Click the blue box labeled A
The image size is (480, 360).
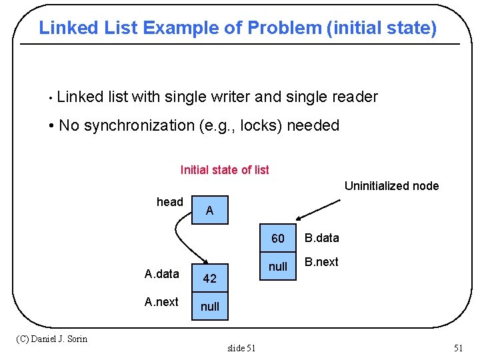point(209,210)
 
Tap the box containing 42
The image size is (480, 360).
point(209,279)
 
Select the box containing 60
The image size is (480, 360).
point(277,239)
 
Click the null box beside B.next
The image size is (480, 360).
point(277,267)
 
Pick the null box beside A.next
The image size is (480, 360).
point(209,307)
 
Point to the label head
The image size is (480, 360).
point(169,202)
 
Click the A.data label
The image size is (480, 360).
point(161,273)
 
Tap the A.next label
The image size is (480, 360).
point(161,302)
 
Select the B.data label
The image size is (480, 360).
point(322,238)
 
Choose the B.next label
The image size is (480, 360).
point(321,262)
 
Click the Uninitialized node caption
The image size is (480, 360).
point(391,186)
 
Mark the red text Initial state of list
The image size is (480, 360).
point(225,170)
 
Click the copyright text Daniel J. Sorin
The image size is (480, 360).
point(51,339)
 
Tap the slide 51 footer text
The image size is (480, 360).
point(241,347)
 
